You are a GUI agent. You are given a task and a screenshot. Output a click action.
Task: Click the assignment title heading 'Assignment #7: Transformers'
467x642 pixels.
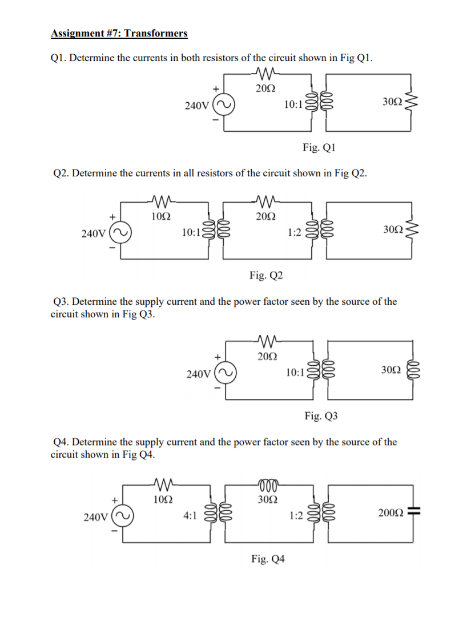[x=119, y=33]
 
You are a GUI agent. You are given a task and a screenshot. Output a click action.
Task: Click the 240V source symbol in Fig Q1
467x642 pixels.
[x=223, y=106]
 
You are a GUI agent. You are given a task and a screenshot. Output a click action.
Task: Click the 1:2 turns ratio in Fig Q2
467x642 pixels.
[x=295, y=233]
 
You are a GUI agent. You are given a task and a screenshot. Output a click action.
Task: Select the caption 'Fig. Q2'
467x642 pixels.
[x=265, y=276]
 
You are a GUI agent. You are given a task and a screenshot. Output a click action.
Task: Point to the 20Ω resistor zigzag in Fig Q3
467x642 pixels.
[x=267, y=342]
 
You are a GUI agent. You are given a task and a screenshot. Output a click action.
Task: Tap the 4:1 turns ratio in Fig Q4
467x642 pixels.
[x=190, y=516]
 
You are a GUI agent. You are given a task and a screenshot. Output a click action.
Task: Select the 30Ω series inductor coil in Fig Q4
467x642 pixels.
[x=266, y=484]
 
